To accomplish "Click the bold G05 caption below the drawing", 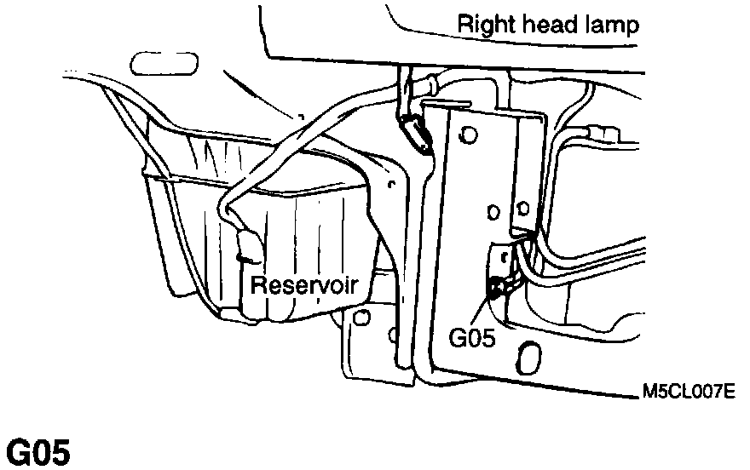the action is [x=38, y=452].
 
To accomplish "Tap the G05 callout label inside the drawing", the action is [x=471, y=338].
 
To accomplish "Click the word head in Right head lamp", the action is [x=546, y=24].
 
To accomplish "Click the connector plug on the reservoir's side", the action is [x=248, y=247].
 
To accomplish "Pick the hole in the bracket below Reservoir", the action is [x=362, y=320].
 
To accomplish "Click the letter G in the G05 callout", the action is [x=457, y=338].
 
